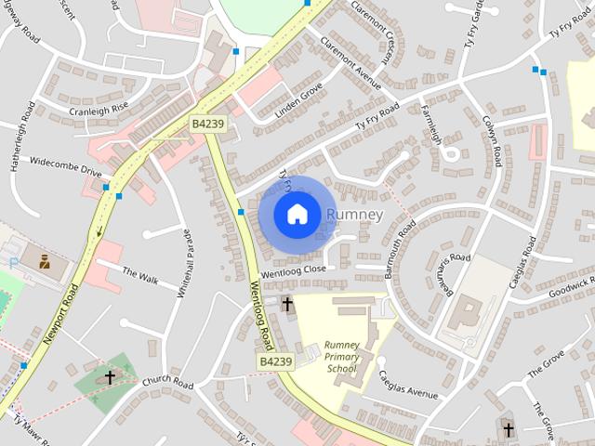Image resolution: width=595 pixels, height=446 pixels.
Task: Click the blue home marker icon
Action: pos(296,215)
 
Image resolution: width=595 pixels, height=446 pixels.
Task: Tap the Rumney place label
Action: pos(354,215)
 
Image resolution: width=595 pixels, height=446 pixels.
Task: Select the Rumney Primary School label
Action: pos(341,357)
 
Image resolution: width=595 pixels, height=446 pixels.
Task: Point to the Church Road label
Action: pos(167,383)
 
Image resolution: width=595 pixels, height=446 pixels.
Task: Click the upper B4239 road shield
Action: pos(207,123)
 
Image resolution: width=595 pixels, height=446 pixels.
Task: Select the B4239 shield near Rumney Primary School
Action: pos(276,361)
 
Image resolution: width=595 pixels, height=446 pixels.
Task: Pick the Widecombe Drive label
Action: pos(65,170)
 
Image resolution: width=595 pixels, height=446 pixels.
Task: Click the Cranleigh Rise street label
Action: pos(99,110)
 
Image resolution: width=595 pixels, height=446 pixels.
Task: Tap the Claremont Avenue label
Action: pos(350,62)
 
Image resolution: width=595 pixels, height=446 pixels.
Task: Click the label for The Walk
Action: pos(140,275)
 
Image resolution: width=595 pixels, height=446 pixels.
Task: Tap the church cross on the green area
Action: pos(110,377)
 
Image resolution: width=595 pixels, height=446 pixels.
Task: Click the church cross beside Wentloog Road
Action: pos(287,304)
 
